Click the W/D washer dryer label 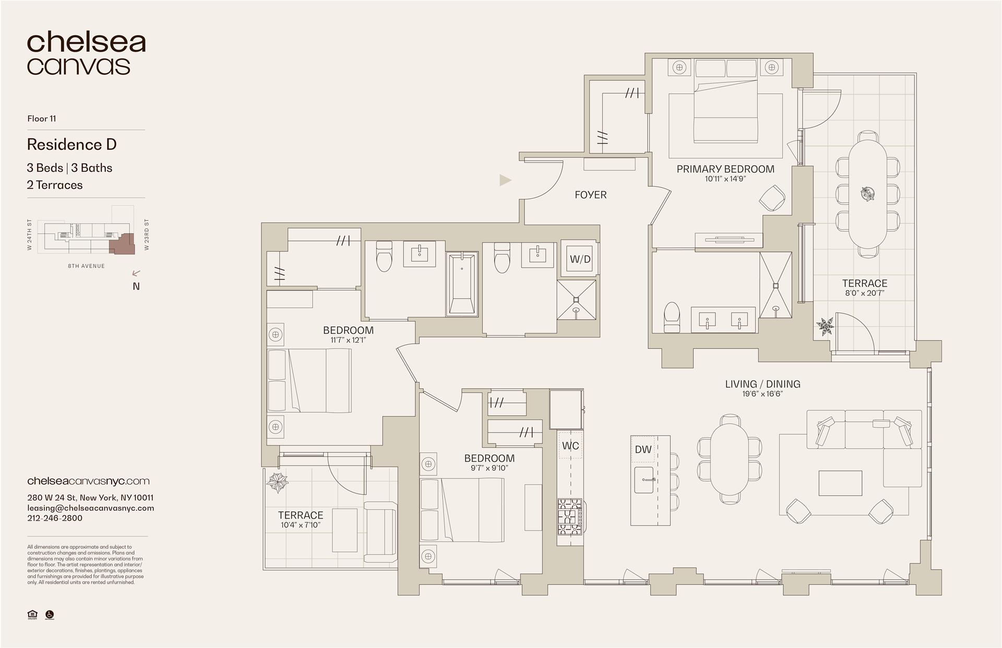point(580,259)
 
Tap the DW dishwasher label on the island point(643,449)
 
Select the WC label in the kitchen point(570,446)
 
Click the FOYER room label point(590,195)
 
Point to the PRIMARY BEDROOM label point(725,169)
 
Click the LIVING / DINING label point(762,384)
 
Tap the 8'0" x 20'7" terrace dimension point(864,293)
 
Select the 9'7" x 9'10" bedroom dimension point(489,468)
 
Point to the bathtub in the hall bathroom point(462,284)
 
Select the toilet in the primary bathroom point(672,317)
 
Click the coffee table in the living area point(840,483)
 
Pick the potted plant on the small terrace point(277,482)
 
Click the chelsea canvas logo point(86,54)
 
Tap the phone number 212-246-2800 point(55,518)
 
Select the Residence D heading point(71,145)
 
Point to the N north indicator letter point(136,286)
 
